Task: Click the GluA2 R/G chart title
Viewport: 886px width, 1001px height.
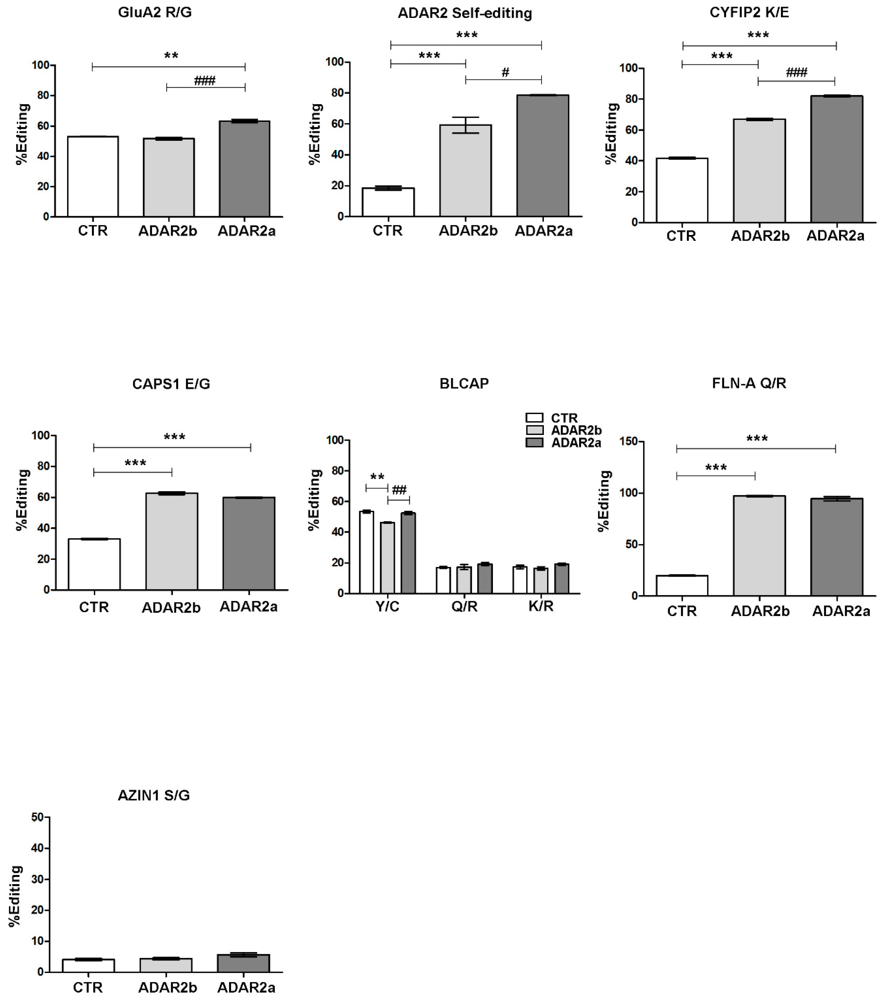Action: coord(155,12)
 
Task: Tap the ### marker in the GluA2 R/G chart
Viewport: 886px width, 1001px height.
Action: coord(205,80)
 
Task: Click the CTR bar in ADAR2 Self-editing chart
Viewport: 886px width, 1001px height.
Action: coord(388,202)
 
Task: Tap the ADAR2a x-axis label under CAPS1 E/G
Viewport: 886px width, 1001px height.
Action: coord(248,606)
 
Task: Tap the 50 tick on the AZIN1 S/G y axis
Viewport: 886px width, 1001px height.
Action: coord(38,817)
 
